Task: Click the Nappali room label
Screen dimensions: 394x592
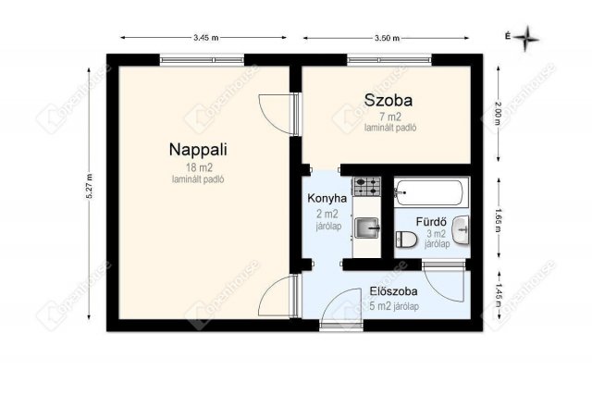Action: [x=198, y=149]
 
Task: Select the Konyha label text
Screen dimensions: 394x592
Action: [x=327, y=198]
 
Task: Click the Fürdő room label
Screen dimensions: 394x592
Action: [x=432, y=221]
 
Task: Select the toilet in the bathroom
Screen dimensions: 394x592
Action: [x=406, y=242]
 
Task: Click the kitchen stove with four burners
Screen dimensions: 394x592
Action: [x=368, y=185]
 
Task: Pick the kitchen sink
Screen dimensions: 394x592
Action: [x=368, y=226]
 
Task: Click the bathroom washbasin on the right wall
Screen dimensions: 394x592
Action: [x=461, y=228]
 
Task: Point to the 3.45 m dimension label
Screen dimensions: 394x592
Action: [x=205, y=38]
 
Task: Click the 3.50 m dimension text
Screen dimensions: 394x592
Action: [x=386, y=38]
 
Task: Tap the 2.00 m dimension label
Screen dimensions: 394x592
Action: [x=498, y=112]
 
